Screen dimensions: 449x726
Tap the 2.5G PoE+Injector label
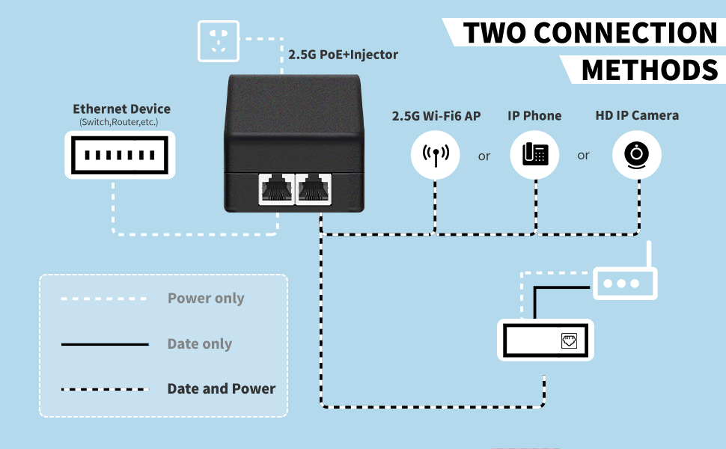(343, 55)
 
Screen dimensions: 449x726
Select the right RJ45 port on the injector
(314, 189)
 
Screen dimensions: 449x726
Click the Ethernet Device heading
(121, 109)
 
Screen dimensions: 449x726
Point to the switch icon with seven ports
(120, 155)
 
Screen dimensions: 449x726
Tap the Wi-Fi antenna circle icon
(436, 155)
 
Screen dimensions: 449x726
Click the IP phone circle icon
(535, 155)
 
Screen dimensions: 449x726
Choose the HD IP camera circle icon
(637, 155)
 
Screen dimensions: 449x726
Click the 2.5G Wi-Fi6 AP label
(436, 116)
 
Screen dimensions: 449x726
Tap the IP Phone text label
(534, 116)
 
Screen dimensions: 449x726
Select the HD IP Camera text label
(637, 116)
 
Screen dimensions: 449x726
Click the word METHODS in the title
(649, 70)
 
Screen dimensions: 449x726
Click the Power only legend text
(206, 299)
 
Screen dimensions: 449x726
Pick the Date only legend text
(200, 344)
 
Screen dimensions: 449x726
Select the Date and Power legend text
(222, 389)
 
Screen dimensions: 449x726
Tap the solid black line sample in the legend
(105, 344)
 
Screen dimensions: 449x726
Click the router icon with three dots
(625, 284)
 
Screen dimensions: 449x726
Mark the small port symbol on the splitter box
(569, 342)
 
